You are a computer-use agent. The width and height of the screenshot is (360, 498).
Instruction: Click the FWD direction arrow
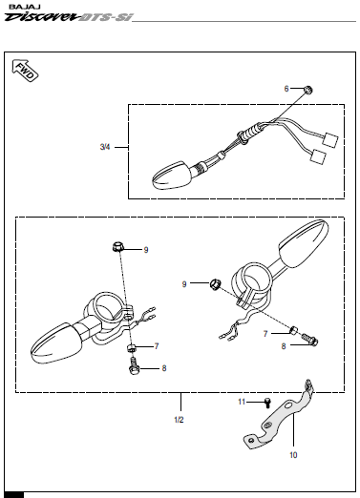pos(25,71)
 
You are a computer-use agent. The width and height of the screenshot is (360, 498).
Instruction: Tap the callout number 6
pos(286,89)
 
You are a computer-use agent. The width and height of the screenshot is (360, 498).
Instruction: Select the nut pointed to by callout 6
pos(307,90)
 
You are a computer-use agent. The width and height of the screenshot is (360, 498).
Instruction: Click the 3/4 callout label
pos(105,147)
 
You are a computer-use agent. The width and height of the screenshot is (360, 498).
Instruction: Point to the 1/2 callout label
pos(179,420)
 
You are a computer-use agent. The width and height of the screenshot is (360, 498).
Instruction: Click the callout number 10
pos(293,455)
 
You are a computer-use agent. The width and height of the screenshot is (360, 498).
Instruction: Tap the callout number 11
pos(242,402)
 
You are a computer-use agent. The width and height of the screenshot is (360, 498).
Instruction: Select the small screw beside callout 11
pos(267,403)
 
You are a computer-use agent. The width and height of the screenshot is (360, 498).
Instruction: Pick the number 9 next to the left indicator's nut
pos(146,250)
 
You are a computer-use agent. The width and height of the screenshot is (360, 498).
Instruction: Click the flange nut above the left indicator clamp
pos(117,246)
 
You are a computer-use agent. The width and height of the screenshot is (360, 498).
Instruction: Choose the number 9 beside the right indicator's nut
pos(184,284)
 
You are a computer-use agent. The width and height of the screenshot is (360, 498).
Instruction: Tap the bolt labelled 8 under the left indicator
pos(134,366)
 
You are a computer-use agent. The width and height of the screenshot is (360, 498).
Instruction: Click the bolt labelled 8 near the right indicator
pos(309,340)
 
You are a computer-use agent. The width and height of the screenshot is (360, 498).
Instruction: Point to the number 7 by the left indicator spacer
pos(157,346)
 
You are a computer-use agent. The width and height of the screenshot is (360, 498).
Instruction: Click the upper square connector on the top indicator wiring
pos(330,141)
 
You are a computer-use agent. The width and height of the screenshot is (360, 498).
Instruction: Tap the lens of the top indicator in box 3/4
pos(171,176)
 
